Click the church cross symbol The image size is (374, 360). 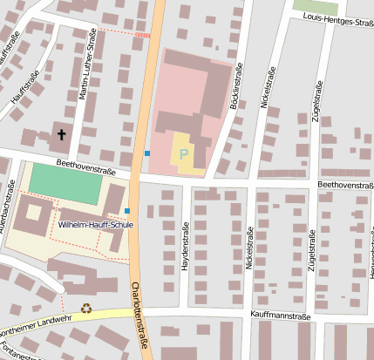61,134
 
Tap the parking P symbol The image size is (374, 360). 183,154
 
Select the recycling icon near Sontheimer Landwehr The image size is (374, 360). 86,307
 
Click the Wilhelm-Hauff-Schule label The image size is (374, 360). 96,224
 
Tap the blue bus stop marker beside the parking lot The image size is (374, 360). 147,153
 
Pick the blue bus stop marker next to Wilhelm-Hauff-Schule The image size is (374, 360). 127,211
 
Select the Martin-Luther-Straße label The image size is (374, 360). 87,66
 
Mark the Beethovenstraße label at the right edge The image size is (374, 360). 345,186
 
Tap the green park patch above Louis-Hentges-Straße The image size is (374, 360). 315,6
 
